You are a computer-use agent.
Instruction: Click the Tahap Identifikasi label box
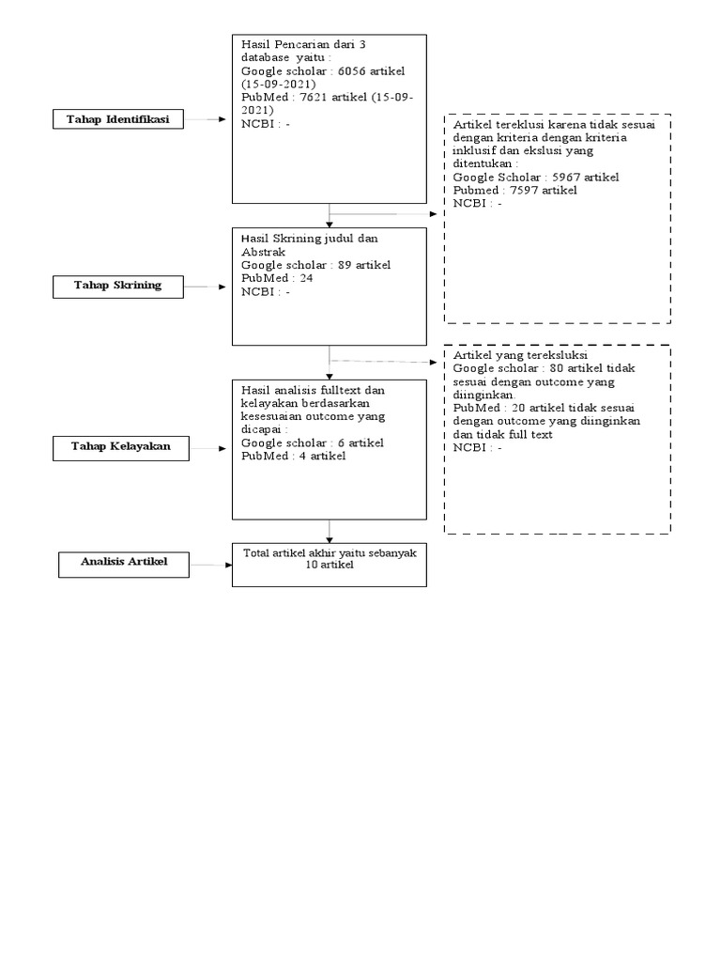[118, 119]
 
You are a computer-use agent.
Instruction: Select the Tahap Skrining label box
[118, 286]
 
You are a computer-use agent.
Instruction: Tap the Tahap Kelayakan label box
[121, 446]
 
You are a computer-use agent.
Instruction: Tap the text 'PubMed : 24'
[277, 278]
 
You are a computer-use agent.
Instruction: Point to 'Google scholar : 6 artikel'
[312, 442]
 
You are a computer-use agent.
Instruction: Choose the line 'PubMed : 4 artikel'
[293, 456]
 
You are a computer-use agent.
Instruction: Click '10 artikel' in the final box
[330, 566]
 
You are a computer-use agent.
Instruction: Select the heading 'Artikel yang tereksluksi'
[520, 356]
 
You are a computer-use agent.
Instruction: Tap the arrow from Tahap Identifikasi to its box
[207, 119]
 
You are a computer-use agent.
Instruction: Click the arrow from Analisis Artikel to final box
[208, 565]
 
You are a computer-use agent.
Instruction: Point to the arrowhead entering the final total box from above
[330, 538]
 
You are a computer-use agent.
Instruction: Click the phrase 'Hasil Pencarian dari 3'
[302, 44]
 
